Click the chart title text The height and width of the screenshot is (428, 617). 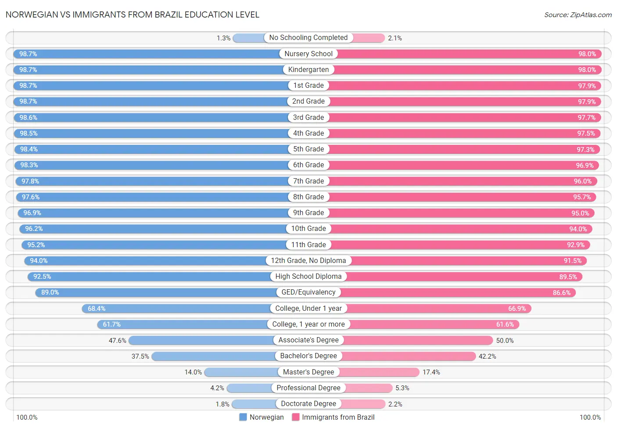132,14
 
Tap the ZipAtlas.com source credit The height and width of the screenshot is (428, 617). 578,15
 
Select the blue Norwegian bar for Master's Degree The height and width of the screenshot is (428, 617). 241,372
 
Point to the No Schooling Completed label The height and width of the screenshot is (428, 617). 308,38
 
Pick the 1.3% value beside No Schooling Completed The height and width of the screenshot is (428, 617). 223,38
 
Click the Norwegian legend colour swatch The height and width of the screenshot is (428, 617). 243,417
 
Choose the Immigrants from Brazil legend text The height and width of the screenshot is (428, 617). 338,417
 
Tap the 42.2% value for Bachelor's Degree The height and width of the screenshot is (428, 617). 487,356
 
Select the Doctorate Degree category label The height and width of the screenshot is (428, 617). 308,404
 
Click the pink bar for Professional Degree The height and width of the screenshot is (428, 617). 369,388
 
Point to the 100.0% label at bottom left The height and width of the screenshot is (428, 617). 27,417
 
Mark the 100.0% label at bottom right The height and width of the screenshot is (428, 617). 590,417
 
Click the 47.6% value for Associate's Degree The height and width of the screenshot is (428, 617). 117,341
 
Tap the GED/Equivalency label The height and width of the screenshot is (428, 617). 308,292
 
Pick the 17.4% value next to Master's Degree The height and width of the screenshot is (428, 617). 431,372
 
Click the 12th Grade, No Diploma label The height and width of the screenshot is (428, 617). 308,261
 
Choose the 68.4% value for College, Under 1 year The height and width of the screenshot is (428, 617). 97,309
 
